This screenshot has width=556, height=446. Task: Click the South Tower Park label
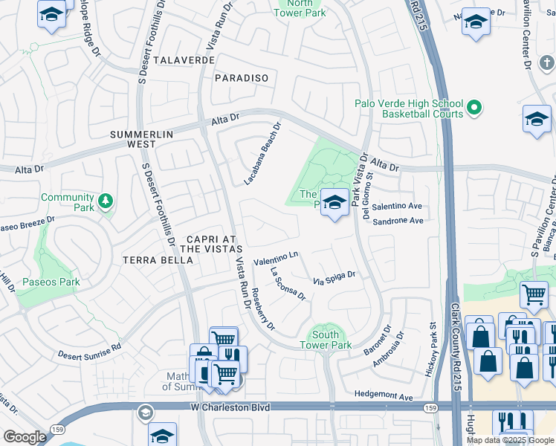pos(326,340)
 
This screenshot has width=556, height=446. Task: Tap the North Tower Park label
pos(301,7)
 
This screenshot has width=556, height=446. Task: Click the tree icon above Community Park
pos(106,200)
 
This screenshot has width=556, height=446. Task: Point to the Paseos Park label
pos(51,282)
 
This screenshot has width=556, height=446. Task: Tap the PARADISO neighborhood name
pos(240,77)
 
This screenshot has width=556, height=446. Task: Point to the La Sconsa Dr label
pos(288,284)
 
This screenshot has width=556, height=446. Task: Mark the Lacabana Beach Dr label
pos(264,154)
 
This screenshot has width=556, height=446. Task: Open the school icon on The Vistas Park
pos(335,202)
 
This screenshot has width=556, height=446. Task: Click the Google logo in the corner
pos(24,436)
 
